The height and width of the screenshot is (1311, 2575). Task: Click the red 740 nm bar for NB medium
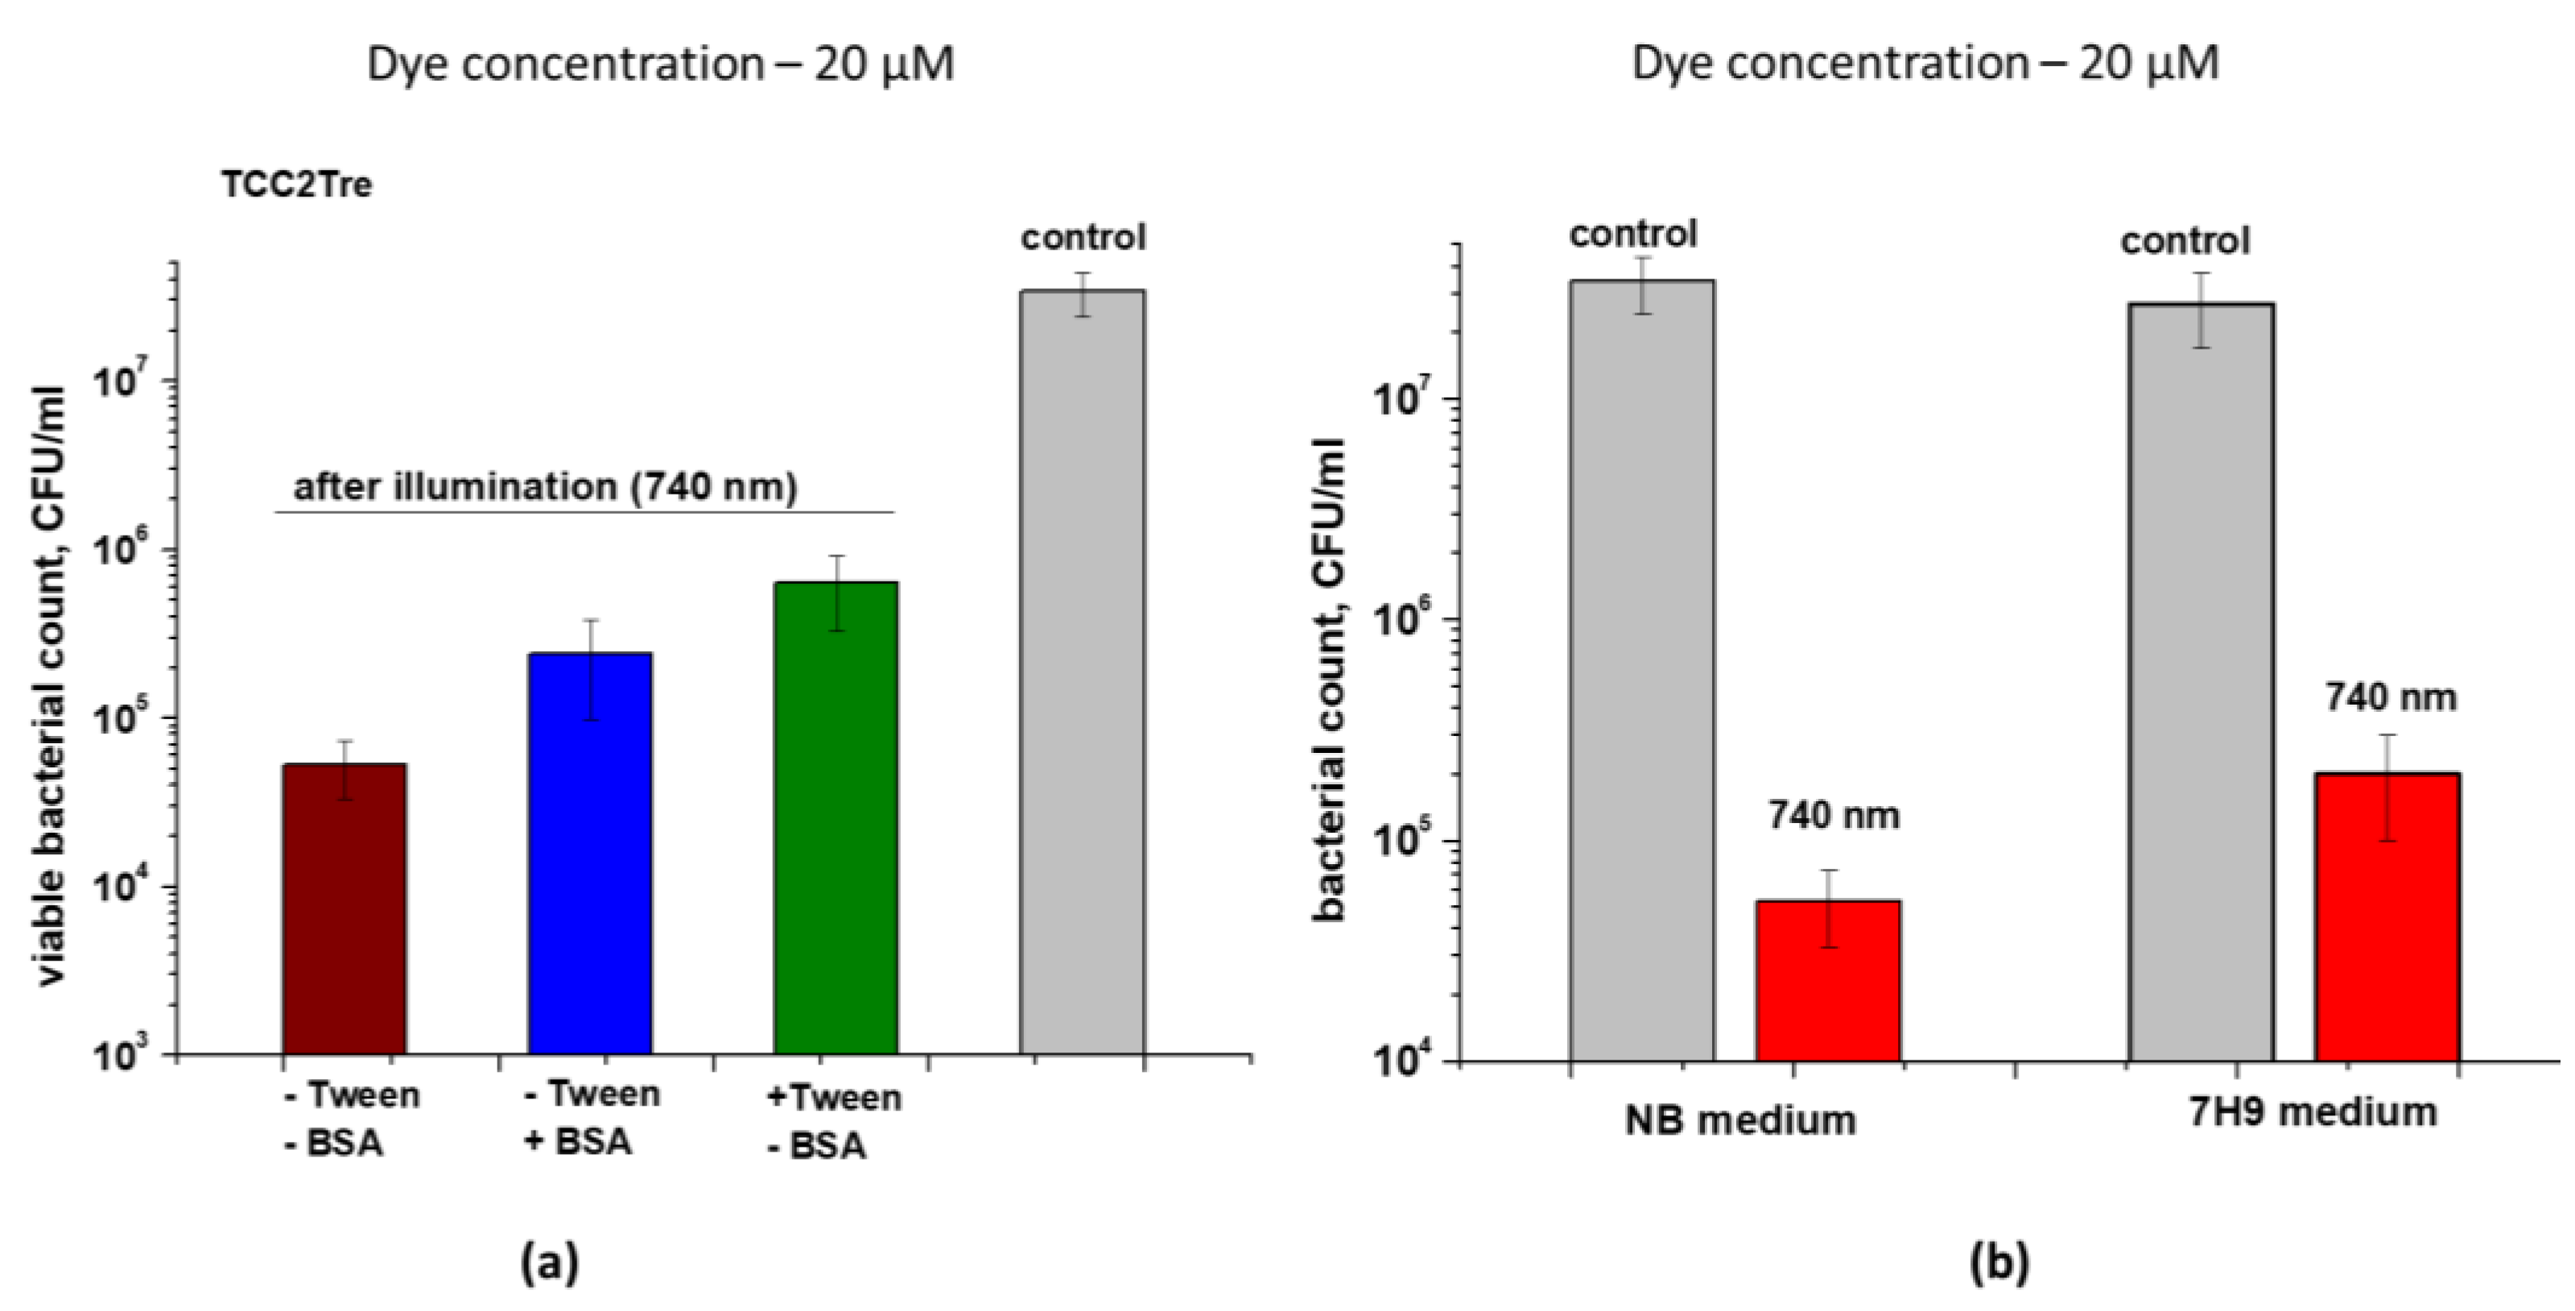(1828, 980)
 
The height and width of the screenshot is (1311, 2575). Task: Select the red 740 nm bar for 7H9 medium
(2388, 916)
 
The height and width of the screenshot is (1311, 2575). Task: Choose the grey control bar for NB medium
(1641, 670)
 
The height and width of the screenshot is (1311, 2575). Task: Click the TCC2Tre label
(297, 186)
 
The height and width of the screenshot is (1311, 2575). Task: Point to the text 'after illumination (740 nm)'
(545, 487)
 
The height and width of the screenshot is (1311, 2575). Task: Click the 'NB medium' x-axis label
(1739, 1120)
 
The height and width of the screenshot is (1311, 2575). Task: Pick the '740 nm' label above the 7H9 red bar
(2390, 697)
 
